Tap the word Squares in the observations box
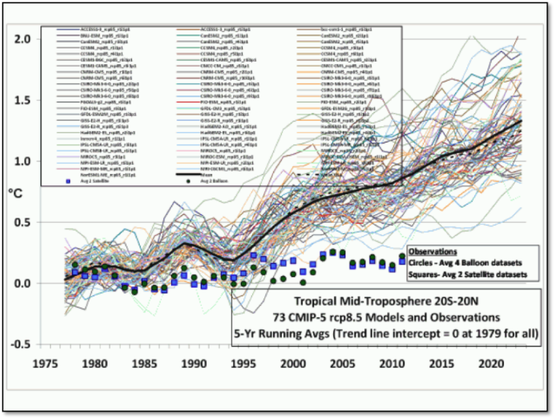point(424,275)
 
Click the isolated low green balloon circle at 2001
point(303,282)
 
